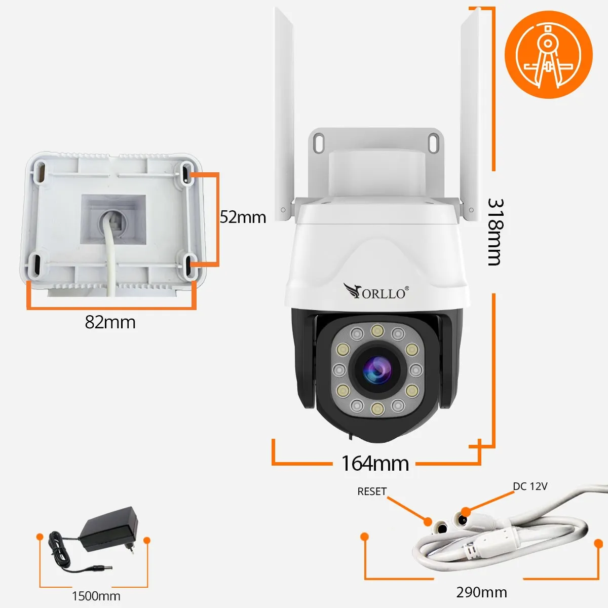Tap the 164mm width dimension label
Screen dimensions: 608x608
(x=375, y=463)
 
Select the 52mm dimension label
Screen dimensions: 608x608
(x=243, y=217)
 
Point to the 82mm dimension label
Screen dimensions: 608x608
(x=110, y=322)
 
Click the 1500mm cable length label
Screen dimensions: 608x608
(x=96, y=596)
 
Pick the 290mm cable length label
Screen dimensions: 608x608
(x=481, y=592)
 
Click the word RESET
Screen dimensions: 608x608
(x=372, y=491)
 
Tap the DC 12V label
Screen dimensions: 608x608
(x=530, y=486)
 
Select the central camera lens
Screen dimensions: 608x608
(x=376, y=370)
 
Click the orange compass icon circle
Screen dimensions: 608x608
(x=549, y=55)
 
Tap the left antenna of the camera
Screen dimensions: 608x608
(x=284, y=111)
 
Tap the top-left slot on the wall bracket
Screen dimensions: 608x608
(x=319, y=142)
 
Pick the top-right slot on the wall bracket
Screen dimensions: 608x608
(x=433, y=142)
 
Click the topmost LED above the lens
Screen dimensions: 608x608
(x=376, y=331)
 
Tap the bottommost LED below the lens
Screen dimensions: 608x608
(x=376, y=409)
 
